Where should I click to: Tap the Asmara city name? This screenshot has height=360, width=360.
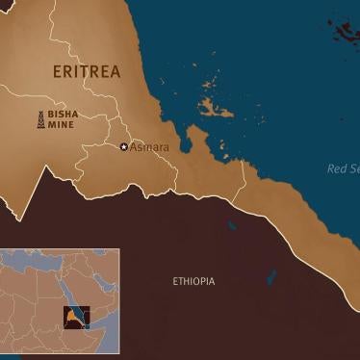149,147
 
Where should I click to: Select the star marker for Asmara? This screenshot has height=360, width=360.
123,147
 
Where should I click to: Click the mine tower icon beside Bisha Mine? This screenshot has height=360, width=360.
41,119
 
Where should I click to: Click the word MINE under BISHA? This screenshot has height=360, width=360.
60,125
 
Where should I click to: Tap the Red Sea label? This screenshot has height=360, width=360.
343,168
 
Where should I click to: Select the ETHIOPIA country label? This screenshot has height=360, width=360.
193,281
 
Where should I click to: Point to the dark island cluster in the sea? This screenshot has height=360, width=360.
344,32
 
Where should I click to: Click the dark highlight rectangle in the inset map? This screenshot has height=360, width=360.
75,317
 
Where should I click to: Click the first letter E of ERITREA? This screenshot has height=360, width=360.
57,70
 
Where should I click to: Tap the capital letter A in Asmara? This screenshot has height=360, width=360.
134,147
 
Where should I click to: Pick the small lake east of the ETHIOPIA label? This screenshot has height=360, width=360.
270,278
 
